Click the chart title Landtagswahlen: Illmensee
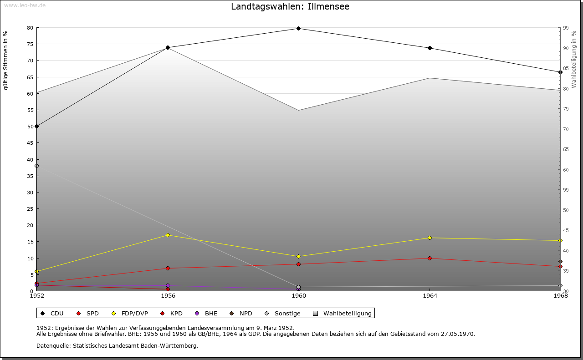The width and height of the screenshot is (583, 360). (290, 7)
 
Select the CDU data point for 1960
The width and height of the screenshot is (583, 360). (298, 28)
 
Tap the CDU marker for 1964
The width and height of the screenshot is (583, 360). (430, 48)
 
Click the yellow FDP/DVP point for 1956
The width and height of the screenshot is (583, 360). (168, 235)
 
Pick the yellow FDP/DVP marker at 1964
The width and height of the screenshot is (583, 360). (430, 238)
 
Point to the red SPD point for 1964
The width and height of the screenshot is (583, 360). (430, 259)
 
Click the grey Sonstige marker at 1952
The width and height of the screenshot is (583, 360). (37, 166)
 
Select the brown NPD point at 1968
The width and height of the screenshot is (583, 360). (560, 262)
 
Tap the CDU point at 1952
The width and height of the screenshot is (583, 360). (37, 126)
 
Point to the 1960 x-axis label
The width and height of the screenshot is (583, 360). (298, 296)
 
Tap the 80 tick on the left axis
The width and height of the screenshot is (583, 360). (30, 28)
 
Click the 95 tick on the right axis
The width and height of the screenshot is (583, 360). (566, 28)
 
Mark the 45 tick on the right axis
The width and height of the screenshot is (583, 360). (566, 230)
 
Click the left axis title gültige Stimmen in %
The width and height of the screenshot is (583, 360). (6, 61)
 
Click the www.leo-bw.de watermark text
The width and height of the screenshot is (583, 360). (25, 5)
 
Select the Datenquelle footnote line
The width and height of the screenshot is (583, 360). (117, 346)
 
